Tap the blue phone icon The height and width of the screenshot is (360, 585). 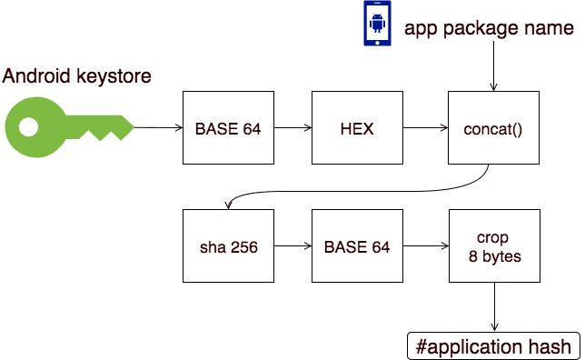[x=375, y=25]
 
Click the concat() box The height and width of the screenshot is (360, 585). [x=493, y=128]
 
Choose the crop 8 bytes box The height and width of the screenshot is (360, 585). [x=493, y=245]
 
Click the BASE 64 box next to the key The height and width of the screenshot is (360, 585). [x=228, y=128]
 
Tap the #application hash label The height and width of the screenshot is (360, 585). [x=493, y=346]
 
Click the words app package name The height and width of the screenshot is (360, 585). [x=489, y=28]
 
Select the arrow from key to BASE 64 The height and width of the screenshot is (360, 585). [x=159, y=128]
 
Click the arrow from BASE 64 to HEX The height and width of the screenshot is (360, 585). [x=292, y=128]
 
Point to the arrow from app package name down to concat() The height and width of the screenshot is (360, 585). [x=493, y=68]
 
